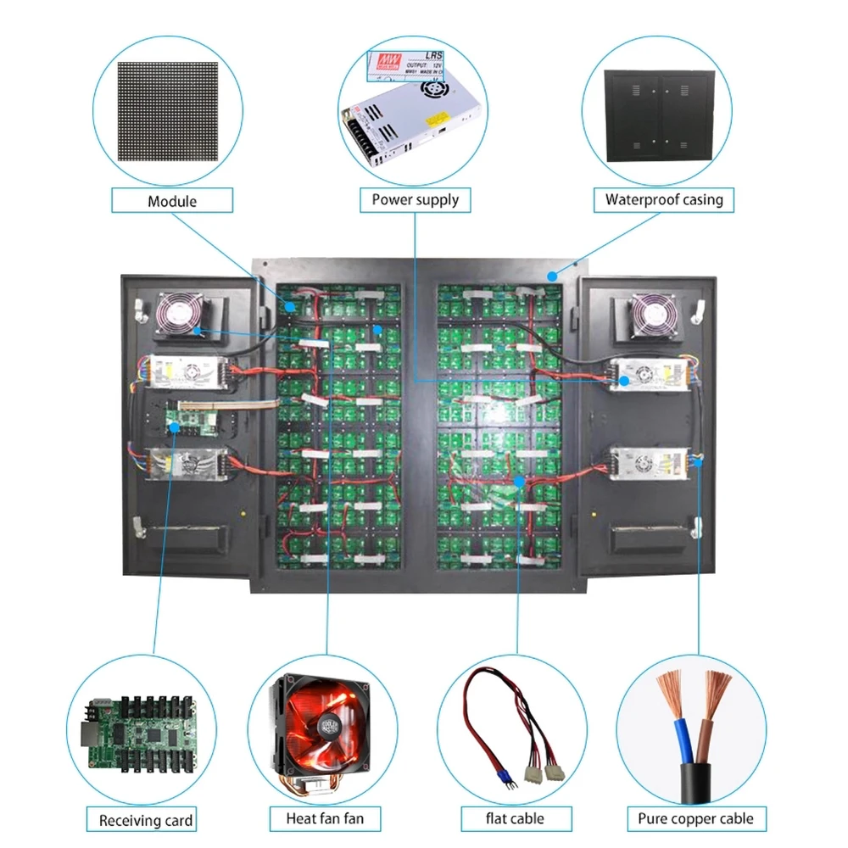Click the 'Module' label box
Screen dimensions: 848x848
click(x=172, y=201)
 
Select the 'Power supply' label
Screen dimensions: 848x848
click(x=415, y=200)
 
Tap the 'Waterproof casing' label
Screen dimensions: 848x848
click(x=663, y=200)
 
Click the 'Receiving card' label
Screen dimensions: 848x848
click(x=146, y=820)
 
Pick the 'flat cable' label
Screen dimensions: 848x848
click(x=515, y=818)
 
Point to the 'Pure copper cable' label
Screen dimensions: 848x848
click(x=695, y=818)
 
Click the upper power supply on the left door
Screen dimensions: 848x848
click(x=187, y=371)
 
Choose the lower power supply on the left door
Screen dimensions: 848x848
click(x=187, y=464)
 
